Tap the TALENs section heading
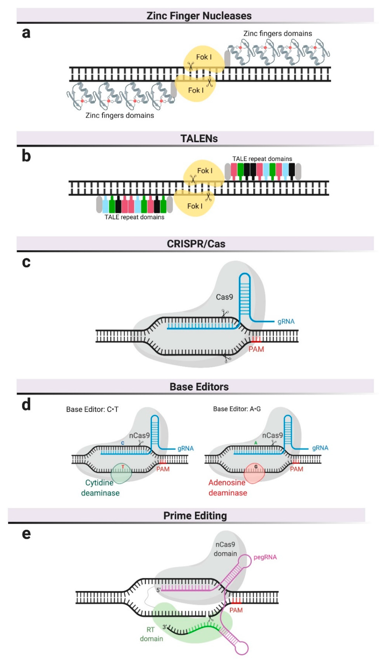pos(199,138)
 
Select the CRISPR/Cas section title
pos(196,244)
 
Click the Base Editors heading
pos(199,387)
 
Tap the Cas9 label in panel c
pos(224,297)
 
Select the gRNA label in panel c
pos(286,321)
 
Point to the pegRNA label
pos(265,557)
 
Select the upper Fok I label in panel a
pos(204,57)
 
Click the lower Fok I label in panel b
pos(195,206)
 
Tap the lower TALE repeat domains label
pos(134,217)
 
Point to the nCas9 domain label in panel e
pos(225,549)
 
